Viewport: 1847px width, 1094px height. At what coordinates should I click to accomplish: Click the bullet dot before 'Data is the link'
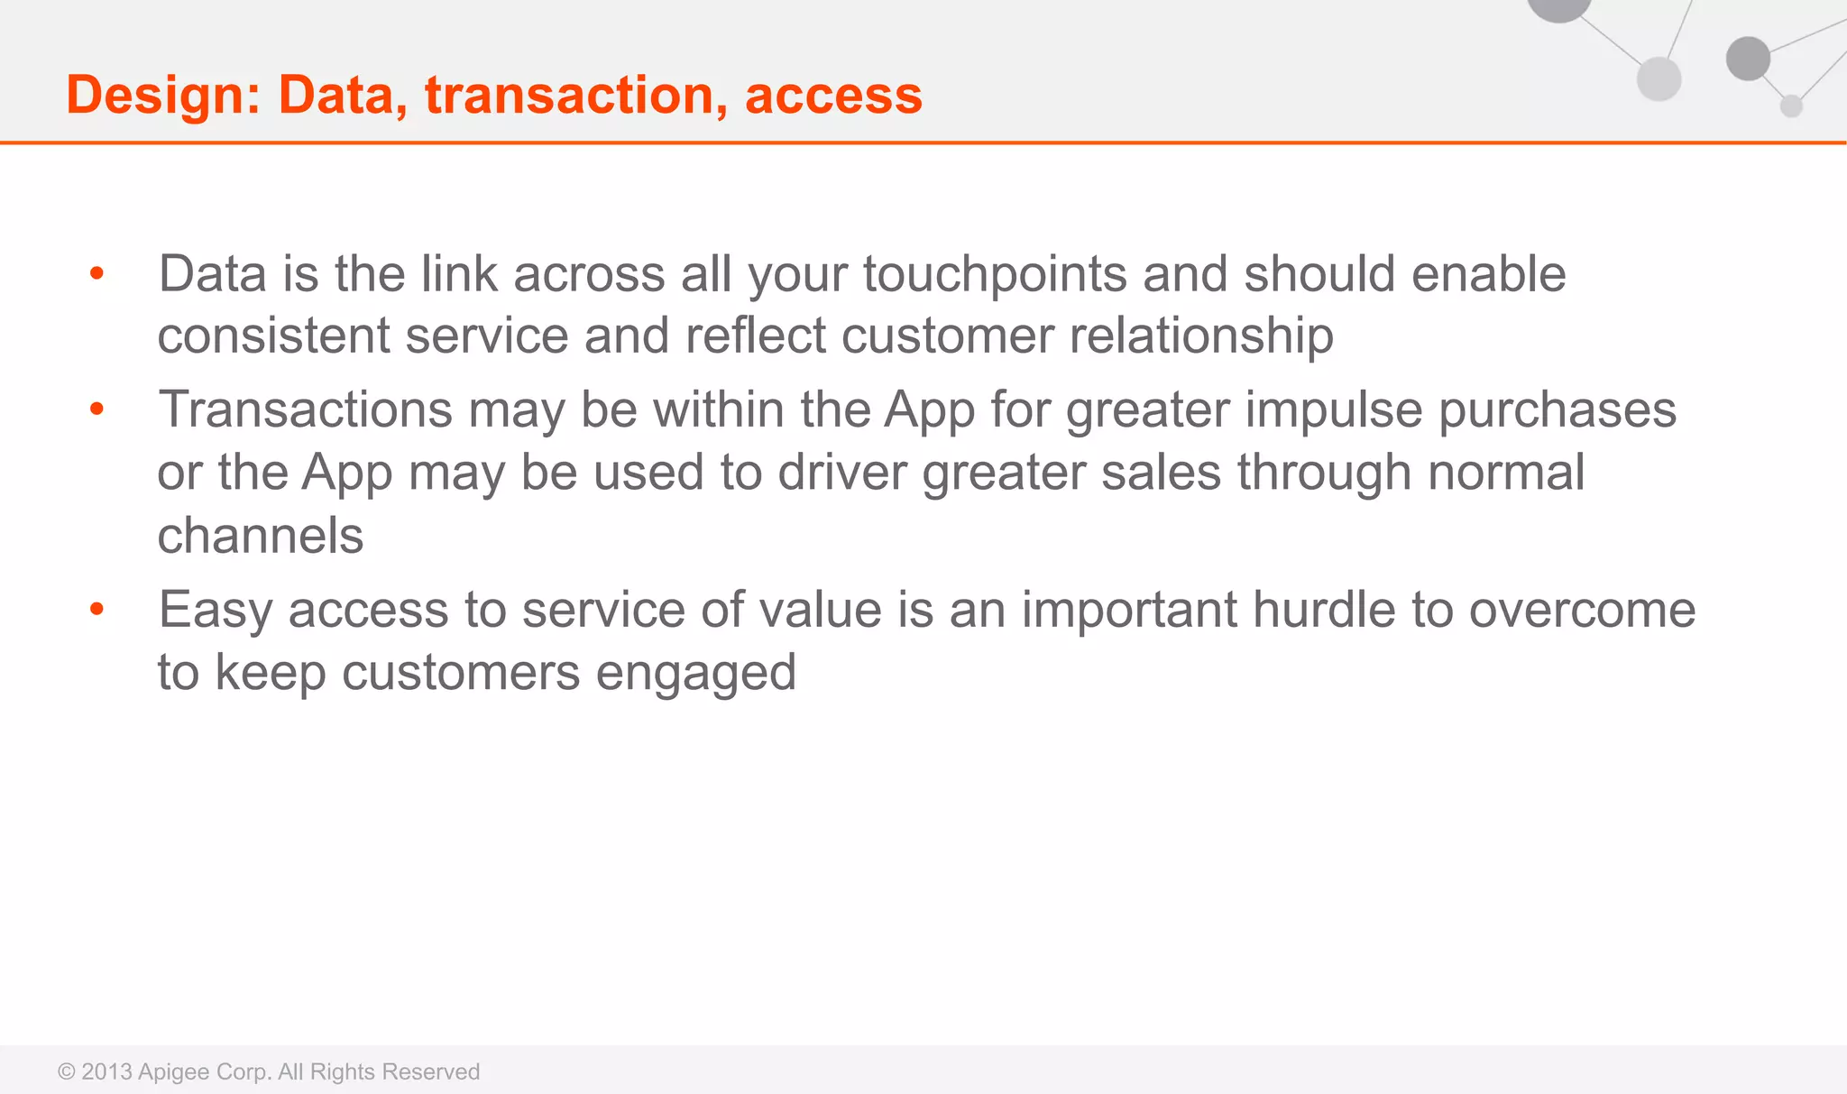point(97,273)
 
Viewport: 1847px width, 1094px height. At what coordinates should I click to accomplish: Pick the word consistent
point(273,336)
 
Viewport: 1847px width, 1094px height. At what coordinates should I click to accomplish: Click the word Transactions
point(305,409)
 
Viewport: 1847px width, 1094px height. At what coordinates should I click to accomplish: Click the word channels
point(260,536)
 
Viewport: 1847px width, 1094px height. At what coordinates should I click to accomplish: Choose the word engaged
point(695,674)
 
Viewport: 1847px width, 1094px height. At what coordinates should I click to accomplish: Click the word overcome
point(1582,611)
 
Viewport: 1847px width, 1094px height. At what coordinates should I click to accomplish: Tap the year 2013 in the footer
point(106,1071)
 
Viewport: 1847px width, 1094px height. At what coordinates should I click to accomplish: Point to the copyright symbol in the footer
point(66,1071)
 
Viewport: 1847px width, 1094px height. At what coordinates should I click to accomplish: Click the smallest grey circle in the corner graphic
point(1791,106)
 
